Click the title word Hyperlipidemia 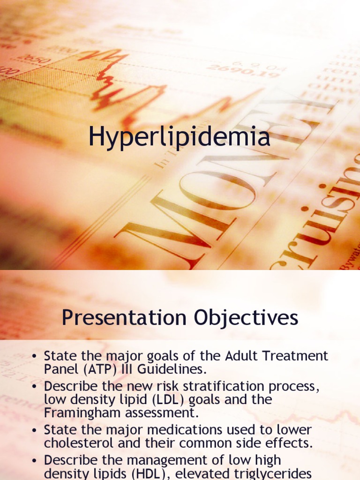[x=180, y=138]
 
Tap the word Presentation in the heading [x=123, y=318]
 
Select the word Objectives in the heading [x=243, y=318]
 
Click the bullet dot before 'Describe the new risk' [x=34, y=387]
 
